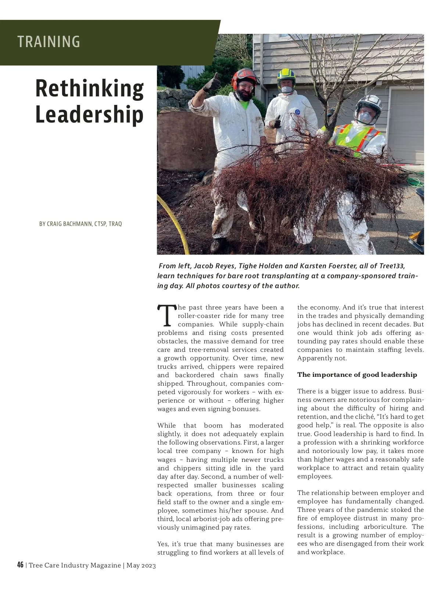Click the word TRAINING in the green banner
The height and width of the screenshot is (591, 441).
(49, 42)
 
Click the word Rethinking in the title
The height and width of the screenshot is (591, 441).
(89, 88)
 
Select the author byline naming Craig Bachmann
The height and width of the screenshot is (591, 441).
(80, 224)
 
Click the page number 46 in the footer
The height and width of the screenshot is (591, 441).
(20, 565)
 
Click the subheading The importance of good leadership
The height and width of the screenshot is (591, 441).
(357, 375)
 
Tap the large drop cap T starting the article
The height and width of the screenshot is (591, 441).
(166, 316)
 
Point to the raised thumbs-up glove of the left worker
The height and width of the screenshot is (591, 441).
(212, 83)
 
